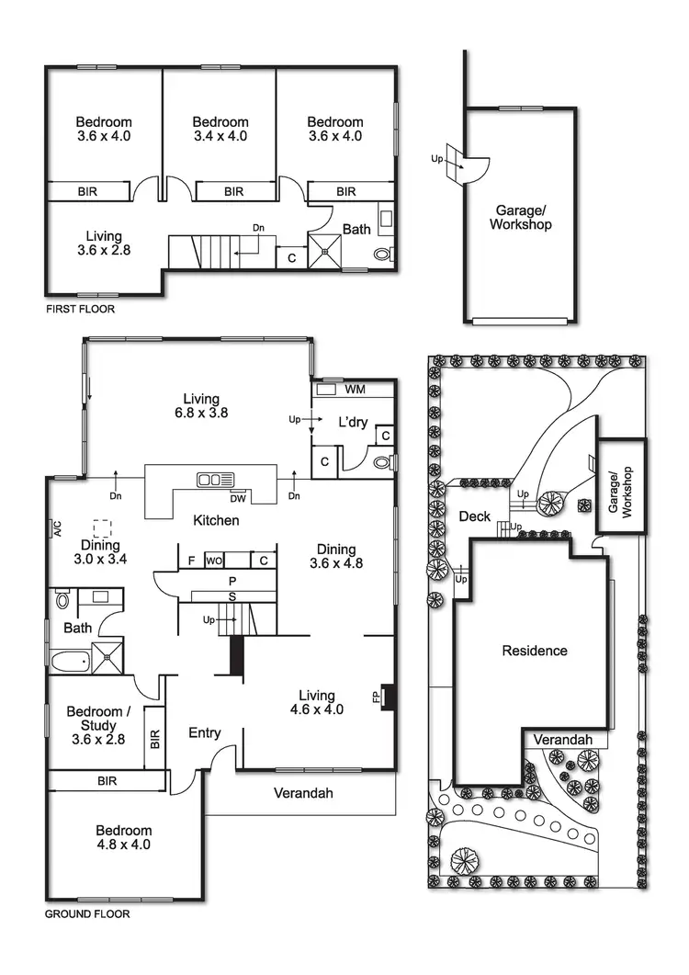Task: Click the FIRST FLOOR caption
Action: [81, 310]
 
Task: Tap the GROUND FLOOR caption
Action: [87, 914]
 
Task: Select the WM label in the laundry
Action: [355, 390]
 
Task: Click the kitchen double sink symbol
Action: [216, 479]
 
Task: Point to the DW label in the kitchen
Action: [238, 499]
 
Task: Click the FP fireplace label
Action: [377, 697]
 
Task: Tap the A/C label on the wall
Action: [57, 528]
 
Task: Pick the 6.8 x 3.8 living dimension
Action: [201, 414]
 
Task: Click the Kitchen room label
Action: [216, 521]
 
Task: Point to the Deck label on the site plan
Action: [474, 517]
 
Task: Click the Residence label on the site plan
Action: [535, 651]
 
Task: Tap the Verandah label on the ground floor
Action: [302, 793]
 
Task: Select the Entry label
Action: [204, 732]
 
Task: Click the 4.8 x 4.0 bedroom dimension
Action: [123, 845]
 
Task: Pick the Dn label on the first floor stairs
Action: [260, 228]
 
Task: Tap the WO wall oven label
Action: [215, 560]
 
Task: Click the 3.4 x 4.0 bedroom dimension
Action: [220, 136]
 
